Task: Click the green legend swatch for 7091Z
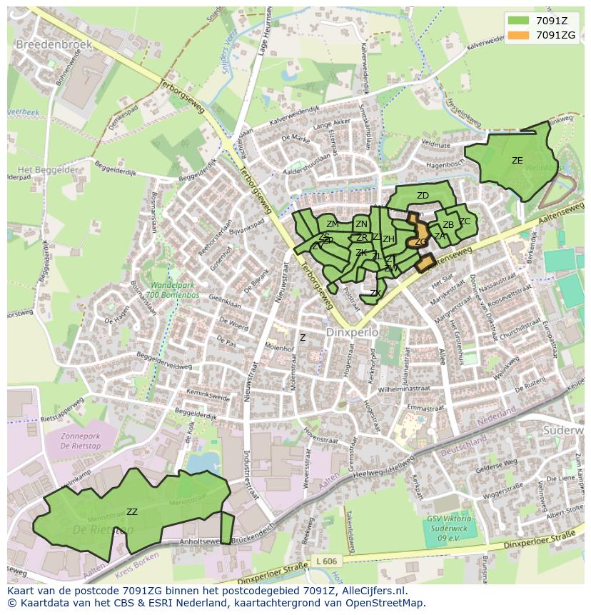tap(518, 21)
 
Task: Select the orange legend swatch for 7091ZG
tap(518, 34)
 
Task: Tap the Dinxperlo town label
tap(350, 333)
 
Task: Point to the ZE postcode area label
tap(517, 161)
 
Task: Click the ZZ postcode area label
tap(131, 511)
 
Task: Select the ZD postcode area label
tap(423, 196)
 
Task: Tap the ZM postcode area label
tap(332, 224)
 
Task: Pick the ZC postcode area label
tap(465, 221)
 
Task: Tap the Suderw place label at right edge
tap(564, 431)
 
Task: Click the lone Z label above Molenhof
tap(303, 338)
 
